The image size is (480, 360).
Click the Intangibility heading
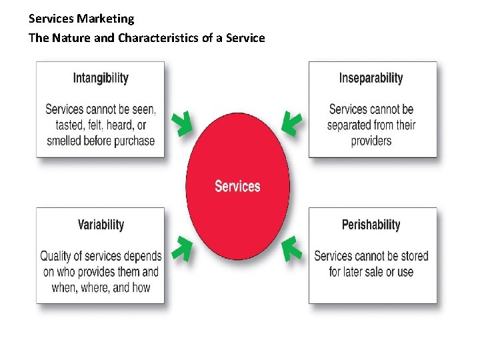point(100,78)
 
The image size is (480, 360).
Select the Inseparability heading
point(371,78)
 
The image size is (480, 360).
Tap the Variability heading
point(101,225)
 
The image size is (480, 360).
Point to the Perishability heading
point(371,225)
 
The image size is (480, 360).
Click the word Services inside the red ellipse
point(237,186)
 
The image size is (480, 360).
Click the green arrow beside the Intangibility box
point(181,123)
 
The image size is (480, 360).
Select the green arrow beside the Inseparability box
point(291,123)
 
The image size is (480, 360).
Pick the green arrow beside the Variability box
point(181,248)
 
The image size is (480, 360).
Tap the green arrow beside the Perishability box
point(291,248)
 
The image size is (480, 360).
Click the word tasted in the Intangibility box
point(63,125)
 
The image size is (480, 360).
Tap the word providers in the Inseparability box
point(371,141)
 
